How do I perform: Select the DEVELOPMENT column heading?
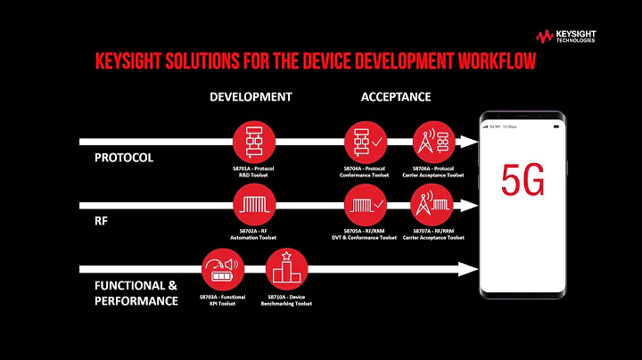251,96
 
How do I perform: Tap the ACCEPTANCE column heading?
397,96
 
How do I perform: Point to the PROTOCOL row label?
124,158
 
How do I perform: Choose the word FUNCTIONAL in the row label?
130,285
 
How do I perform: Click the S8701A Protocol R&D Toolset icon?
251,141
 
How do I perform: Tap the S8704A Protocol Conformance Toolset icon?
363,141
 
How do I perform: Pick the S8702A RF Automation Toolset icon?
251,206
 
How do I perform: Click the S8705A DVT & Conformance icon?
363,206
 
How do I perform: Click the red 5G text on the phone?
523,180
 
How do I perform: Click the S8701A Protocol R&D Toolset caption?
251,172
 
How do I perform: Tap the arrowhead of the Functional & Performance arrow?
463,268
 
